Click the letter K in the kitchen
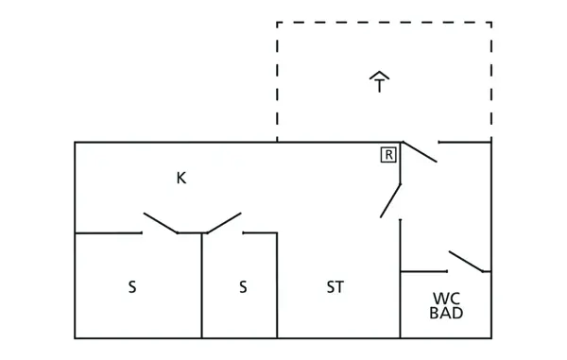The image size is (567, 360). point(180,178)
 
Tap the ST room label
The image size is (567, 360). point(335,287)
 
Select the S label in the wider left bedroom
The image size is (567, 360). point(132,287)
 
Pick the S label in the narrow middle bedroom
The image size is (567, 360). point(242,287)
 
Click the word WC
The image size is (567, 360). point(446,297)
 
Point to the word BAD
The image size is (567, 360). point(446,313)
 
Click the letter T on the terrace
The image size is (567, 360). point(380,87)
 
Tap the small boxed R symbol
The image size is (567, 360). point(388,155)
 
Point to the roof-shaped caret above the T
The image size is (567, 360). point(380,75)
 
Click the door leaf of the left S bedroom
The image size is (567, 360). point(161,223)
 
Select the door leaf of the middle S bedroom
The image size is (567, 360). point(224,222)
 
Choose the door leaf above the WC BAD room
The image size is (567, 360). point(467,262)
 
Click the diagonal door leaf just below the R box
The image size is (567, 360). point(390,199)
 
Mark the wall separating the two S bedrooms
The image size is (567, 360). point(201,288)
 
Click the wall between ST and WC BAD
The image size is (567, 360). point(400,302)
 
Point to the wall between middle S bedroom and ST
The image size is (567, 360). point(276,288)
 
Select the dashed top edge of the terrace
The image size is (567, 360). point(383,23)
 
